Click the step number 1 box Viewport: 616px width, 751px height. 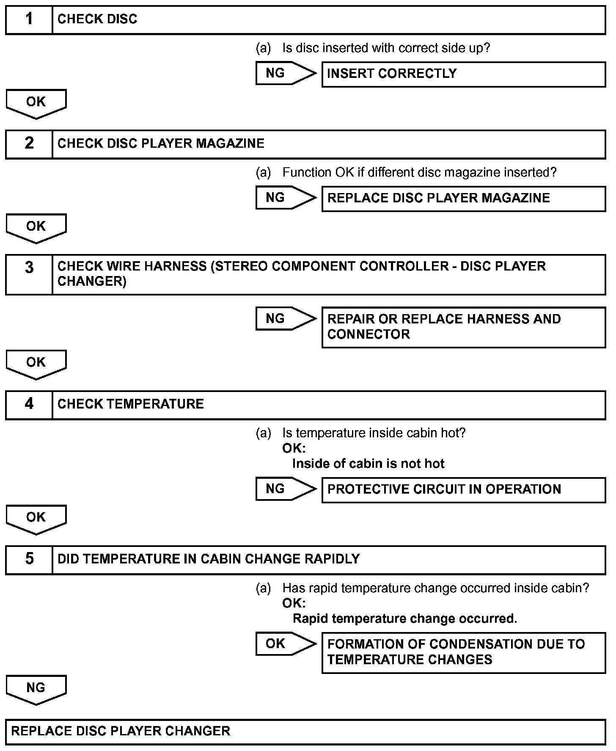click(x=29, y=19)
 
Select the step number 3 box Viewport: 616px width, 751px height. click(x=29, y=274)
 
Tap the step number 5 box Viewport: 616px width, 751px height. click(x=29, y=560)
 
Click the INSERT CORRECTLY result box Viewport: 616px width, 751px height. click(x=463, y=74)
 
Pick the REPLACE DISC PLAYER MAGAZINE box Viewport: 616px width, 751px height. click(x=463, y=199)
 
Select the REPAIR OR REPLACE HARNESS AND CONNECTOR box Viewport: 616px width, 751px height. click(x=463, y=327)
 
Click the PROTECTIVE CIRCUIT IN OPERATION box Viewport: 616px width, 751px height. click(x=463, y=490)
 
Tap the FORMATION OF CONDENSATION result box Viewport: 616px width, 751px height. click(x=463, y=652)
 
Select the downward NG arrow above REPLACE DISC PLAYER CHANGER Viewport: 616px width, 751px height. click(x=36, y=689)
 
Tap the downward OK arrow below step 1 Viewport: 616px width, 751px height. click(x=36, y=103)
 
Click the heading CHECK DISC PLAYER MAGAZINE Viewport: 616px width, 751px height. click(x=161, y=144)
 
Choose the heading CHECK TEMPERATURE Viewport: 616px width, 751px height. click(x=130, y=404)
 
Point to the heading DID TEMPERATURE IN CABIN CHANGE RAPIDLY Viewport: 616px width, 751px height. click(x=208, y=559)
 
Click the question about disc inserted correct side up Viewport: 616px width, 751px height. click(x=385, y=48)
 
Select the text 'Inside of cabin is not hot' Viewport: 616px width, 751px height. click(x=368, y=464)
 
